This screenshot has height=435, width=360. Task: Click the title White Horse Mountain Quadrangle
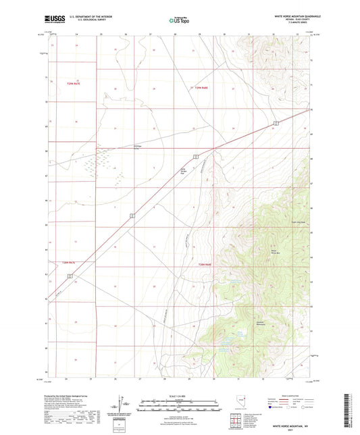point(297,15)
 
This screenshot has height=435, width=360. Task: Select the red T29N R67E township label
point(74,82)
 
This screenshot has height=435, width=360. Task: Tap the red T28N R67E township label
point(72,263)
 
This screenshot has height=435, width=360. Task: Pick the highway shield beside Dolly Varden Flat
point(195,156)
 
